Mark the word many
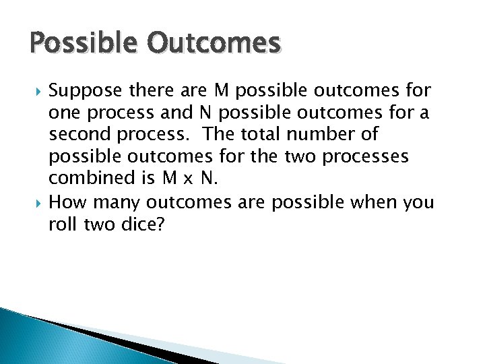coord(118,202)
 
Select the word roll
coord(62,225)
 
